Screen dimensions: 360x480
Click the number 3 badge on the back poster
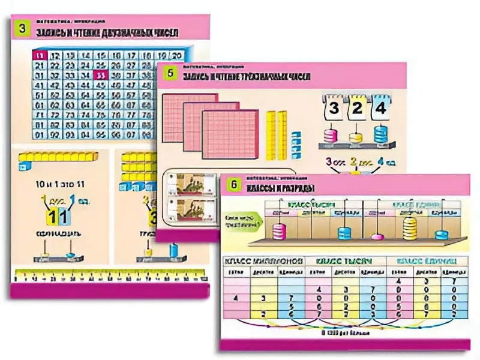(22, 28)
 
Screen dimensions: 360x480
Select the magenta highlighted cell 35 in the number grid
(100, 75)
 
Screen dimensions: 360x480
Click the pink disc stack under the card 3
(331, 134)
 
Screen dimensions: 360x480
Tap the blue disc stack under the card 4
(381, 133)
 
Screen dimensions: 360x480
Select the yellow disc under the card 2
(356, 136)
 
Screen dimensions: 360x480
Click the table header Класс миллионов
(263, 261)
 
